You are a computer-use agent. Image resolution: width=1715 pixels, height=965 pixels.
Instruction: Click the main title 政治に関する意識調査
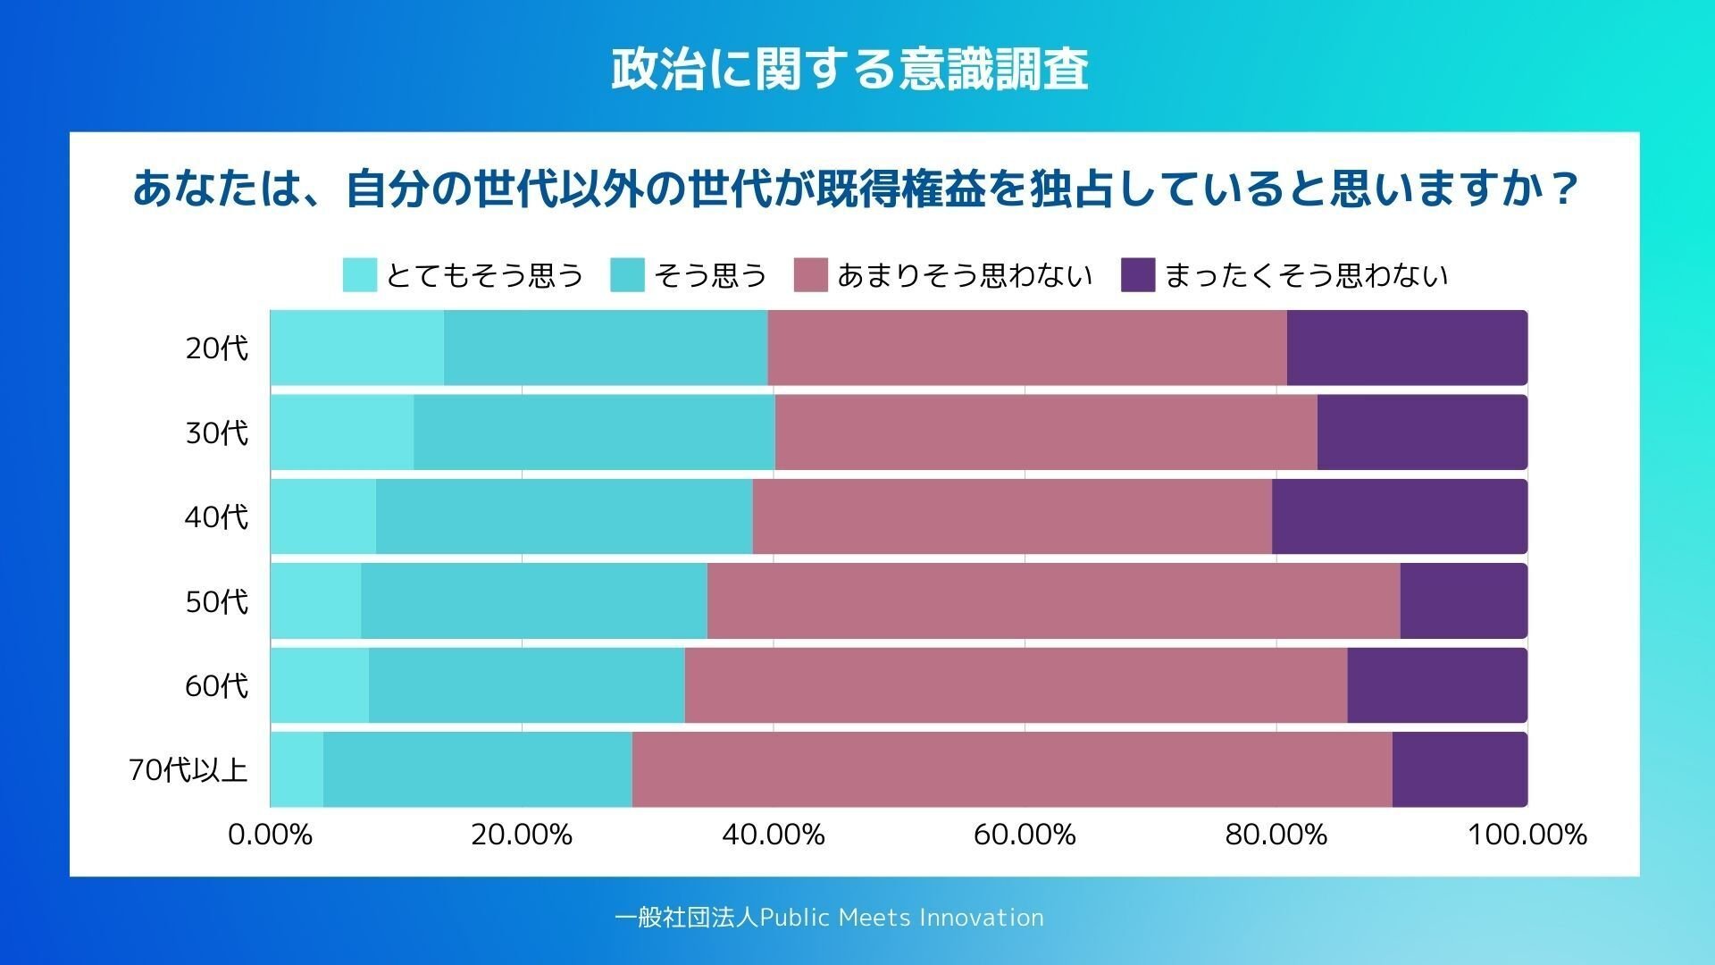tap(849, 70)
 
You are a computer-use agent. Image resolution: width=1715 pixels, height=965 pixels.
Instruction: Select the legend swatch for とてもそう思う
tap(359, 275)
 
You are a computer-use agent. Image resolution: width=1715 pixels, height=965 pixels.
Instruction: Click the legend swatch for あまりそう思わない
tap(810, 275)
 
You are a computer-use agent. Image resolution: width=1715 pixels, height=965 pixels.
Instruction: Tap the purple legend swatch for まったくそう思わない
tap(1138, 275)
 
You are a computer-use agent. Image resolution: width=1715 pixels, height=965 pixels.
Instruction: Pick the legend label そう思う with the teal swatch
tap(710, 275)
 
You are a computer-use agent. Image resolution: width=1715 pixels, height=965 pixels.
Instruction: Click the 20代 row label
tap(216, 348)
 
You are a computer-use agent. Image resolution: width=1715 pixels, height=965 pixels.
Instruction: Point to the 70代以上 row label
tap(188, 770)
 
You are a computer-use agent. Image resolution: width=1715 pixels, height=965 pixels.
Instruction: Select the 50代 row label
tap(216, 601)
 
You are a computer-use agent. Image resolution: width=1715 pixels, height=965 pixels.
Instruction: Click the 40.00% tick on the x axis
tap(774, 835)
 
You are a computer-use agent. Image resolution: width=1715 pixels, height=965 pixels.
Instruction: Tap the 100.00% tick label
tap(1527, 835)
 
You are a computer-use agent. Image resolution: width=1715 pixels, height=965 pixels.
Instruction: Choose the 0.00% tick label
tap(270, 835)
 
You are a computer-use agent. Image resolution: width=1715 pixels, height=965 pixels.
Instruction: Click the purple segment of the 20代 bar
tap(1407, 348)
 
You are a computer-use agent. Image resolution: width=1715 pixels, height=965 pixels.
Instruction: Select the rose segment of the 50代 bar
tap(1053, 601)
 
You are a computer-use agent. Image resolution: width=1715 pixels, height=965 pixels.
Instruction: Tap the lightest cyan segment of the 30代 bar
tap(341, 432)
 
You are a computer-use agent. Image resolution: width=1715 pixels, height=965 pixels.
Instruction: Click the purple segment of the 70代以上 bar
tap(1460, 770)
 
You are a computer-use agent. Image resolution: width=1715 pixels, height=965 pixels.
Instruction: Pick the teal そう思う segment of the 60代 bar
tap(526, 685)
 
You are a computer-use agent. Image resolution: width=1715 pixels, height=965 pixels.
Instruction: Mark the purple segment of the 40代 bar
tap(1400, 516)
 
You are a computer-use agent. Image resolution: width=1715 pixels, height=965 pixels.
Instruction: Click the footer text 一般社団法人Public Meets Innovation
tap(829, 918)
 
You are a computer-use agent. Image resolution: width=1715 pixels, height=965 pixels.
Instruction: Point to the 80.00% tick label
tap(1276, 835)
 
